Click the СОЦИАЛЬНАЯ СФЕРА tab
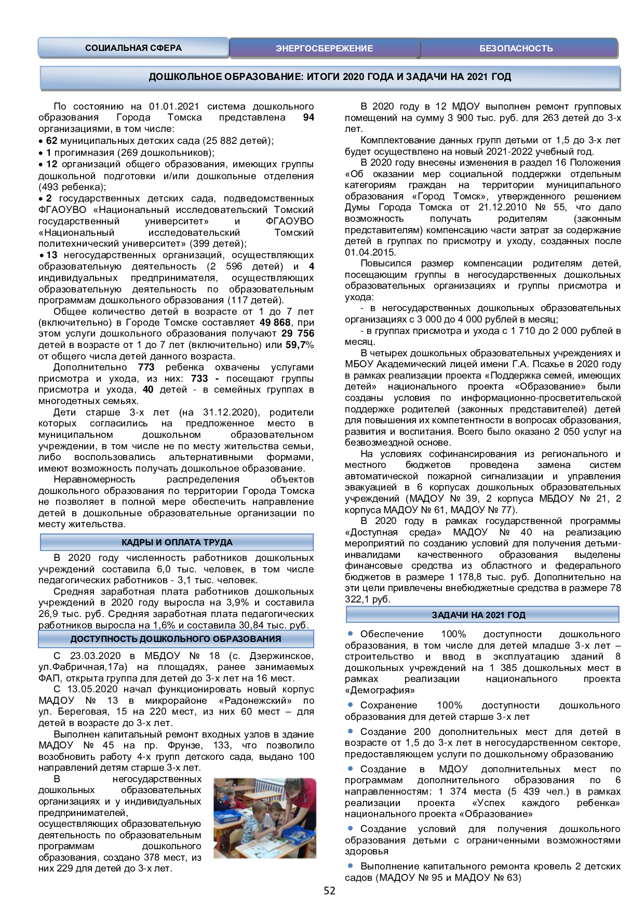[133, 48]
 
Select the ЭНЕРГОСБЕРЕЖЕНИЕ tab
[324, 48]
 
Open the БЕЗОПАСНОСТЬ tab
[516, 48]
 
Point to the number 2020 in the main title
[354, 77]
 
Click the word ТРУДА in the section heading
[218, 542]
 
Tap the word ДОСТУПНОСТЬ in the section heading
[104, 639]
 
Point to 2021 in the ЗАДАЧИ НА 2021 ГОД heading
[495, 615]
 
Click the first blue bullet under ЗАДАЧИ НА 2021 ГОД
[350, 634]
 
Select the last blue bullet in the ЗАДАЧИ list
[350, 865]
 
